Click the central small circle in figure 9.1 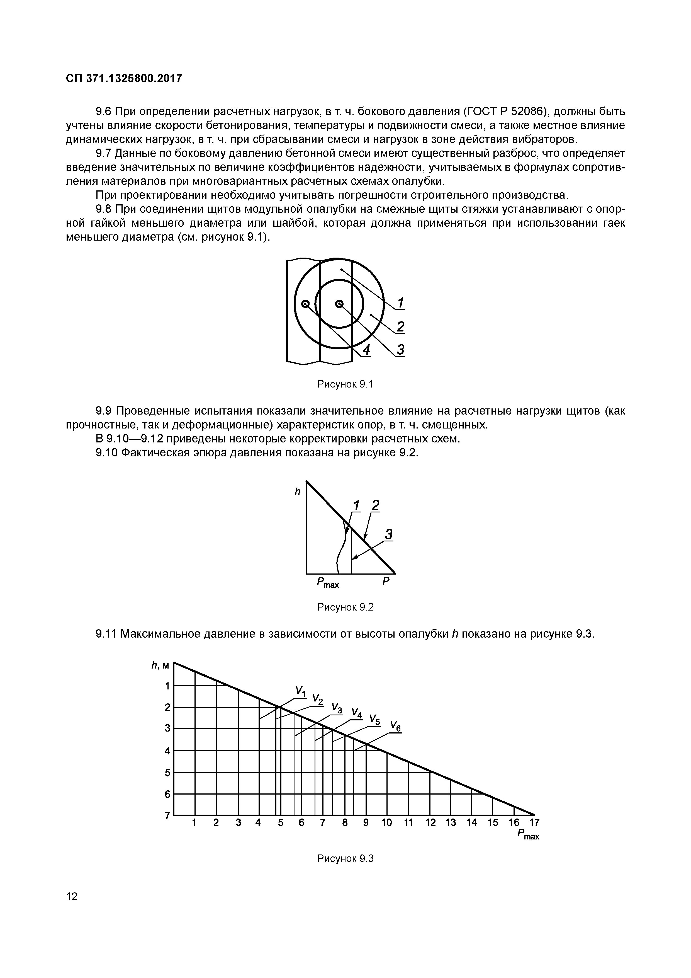coord(339,304)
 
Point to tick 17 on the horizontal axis coord(534,822)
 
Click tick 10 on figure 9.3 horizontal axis coord(386,822)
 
